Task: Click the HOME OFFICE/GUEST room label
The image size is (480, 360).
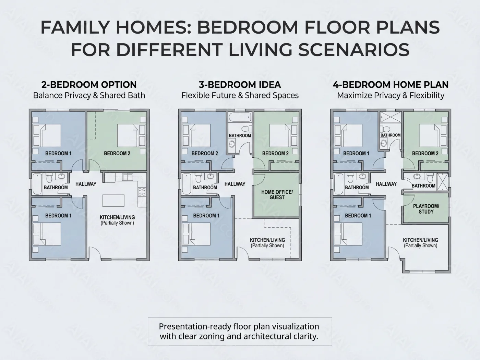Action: click(x=277, y=194)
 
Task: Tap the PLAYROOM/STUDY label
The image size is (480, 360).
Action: click(x=426, y=209)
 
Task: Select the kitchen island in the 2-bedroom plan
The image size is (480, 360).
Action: click(x=113, y=201)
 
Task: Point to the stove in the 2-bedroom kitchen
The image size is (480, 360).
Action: click(x=142, y=192)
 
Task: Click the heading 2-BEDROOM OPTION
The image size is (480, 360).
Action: click(x=89, y=85)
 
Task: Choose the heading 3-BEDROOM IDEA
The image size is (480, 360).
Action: click(x=240, y=85)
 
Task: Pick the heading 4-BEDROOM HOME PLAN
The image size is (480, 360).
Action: click(x=391, y=85)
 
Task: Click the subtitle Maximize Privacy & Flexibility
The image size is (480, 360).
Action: click(x=391, y=96)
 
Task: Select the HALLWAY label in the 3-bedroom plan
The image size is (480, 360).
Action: click(x=235, y=184)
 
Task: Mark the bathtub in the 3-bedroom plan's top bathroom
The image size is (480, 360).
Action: click(x=240, y=117)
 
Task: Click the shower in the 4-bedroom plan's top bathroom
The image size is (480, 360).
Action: click(x=391, y=117)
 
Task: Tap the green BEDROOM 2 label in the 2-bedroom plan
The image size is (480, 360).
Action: click(x=117, y=154)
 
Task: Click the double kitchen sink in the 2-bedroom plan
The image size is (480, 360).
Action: click(x=127, y=177)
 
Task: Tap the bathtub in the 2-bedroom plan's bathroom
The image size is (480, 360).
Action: click(x=37, y=184)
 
